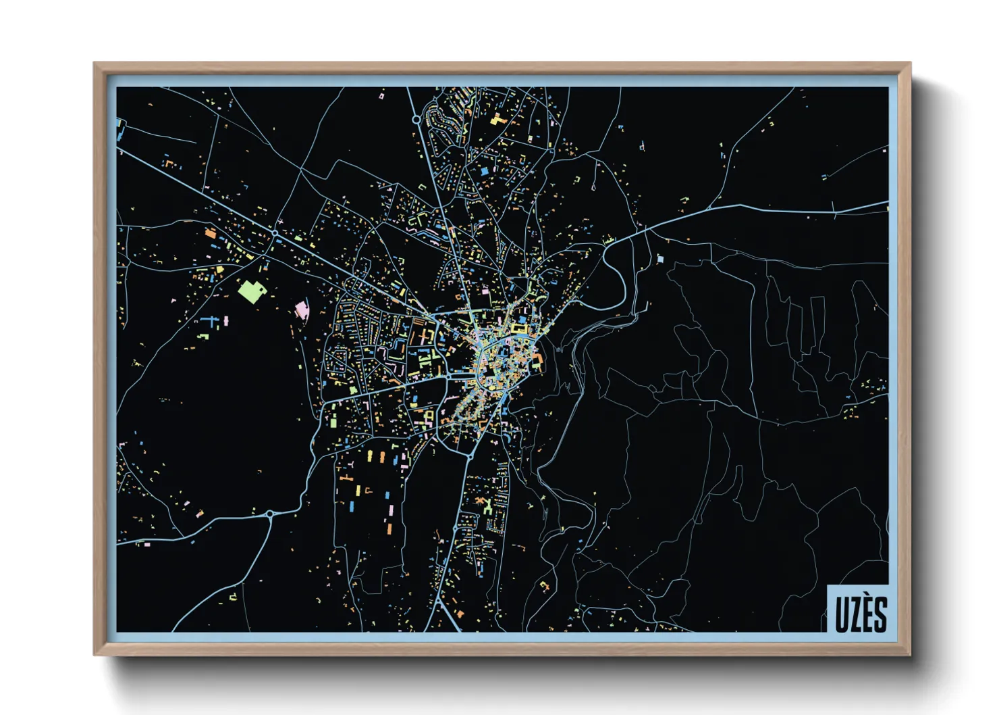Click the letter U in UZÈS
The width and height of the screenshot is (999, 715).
click(x=841, y=614)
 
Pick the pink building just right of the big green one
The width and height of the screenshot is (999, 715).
click(x=301, y=310)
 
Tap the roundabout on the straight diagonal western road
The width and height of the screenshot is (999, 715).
click(x=275, y=233)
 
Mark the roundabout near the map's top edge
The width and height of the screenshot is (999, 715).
click(x=416, y=120)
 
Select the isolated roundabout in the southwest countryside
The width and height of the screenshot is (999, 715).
click(x=270, y=514)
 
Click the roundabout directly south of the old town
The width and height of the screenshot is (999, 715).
click(x=468, y=457)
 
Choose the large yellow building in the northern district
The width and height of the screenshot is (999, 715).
click(x=497, y=121)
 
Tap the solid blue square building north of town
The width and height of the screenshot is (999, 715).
click(x=484, y=172)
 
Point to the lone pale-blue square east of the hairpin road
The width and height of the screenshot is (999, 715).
click(x=660, y=258)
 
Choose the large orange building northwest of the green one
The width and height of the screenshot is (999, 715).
click(x=211, y=234)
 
